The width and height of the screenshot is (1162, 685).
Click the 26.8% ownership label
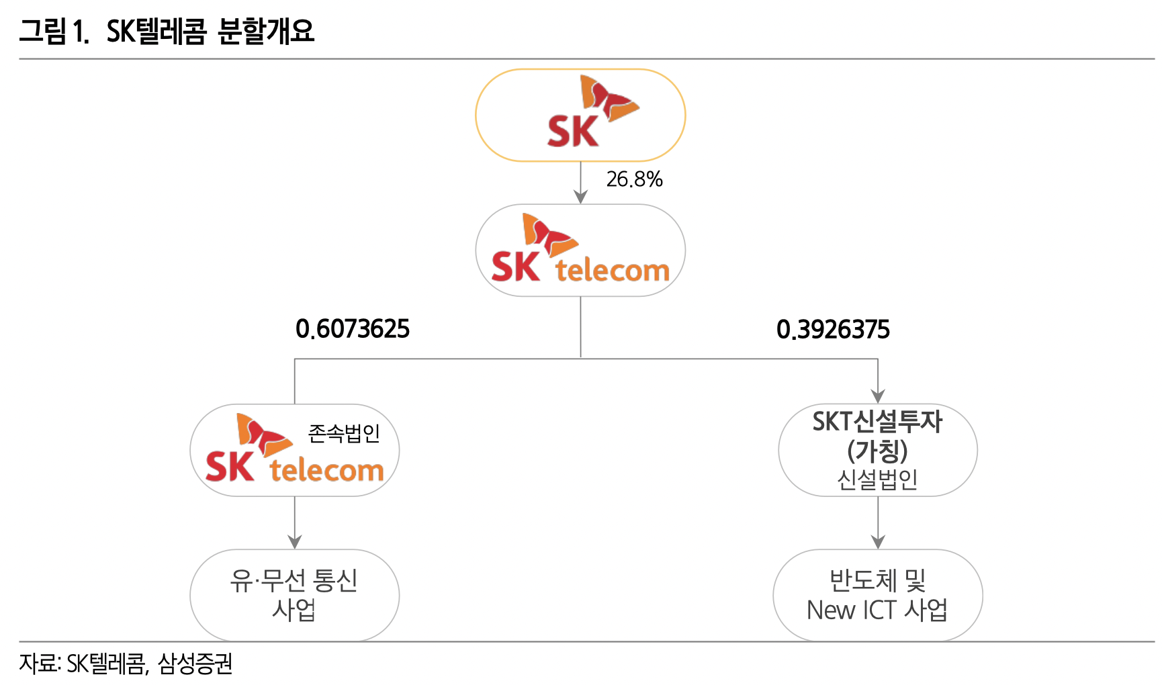(634, 179)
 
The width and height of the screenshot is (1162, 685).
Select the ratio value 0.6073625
(353, 329)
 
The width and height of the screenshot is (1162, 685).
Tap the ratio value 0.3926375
(833, 330)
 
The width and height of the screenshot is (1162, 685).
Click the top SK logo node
(580, 116)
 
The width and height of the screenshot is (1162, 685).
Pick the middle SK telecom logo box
(580, 250)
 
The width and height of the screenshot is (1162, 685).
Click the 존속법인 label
(344, 433)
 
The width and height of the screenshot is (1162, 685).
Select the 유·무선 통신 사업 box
(294, 595)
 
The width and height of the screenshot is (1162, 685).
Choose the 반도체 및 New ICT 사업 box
(877, 595)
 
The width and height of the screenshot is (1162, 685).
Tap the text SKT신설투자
(877, 422)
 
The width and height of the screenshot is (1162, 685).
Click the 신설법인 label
(877, 479)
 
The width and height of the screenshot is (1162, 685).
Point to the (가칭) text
(877, 451)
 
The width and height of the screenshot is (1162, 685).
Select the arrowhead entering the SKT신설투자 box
(878, 396)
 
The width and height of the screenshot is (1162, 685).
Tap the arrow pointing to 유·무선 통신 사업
(294, 524)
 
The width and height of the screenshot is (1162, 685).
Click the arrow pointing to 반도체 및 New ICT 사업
(878, 524)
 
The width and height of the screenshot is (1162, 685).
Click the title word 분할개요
(266, 31)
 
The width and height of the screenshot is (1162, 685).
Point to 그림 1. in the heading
(54, 31)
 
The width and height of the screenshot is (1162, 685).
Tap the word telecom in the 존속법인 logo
(326, 470)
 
